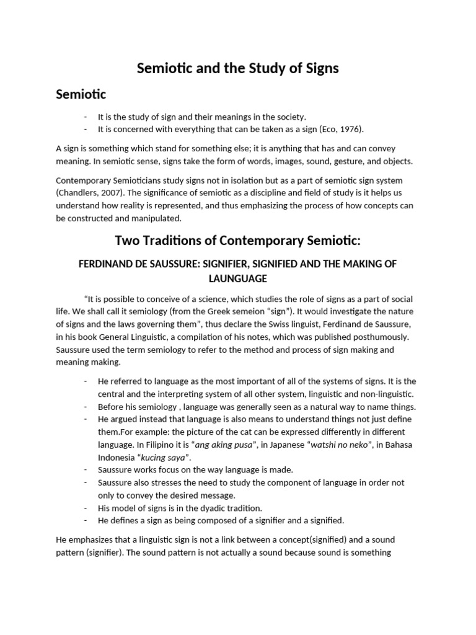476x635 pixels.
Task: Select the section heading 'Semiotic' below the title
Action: click(81, 94)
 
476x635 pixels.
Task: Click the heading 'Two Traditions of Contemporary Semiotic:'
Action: click(238, 241)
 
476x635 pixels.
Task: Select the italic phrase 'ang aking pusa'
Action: click(224, 444)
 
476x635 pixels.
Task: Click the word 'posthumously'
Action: click(381, 337)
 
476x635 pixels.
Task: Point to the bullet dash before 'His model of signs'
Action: click(85, 507)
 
